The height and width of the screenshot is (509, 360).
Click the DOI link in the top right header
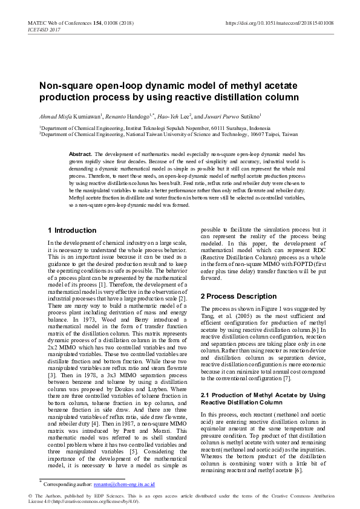[x=287, y=22]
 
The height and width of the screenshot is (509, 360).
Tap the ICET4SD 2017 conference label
[x=44, y=29]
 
